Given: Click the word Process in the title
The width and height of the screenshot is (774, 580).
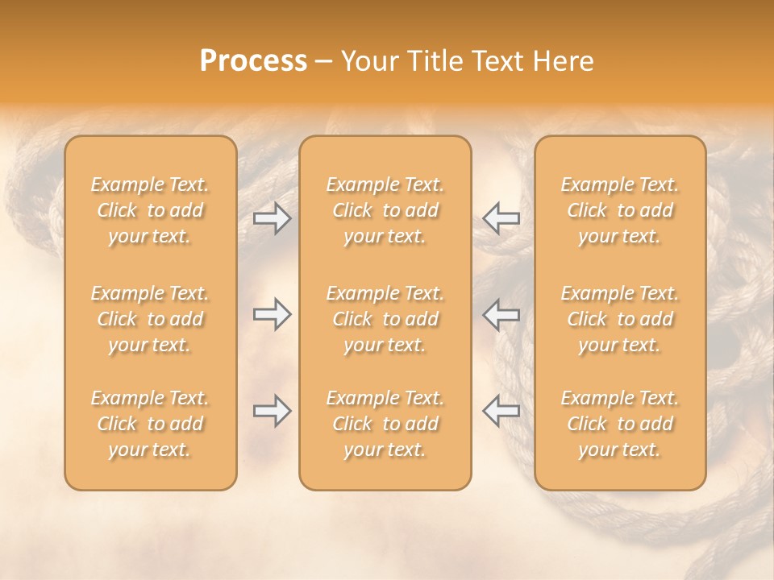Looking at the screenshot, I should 253,61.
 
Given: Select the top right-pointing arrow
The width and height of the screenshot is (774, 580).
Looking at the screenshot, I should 272,218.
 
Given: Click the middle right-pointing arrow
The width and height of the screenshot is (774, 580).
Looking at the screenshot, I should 272,314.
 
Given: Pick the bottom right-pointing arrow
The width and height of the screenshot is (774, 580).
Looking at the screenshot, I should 272,411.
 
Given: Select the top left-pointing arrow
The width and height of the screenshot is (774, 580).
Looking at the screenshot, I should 501,218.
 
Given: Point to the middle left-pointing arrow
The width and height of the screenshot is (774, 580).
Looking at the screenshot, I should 501,314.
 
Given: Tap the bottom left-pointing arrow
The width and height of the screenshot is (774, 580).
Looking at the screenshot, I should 501,411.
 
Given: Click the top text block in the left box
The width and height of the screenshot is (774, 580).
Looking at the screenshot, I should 150,210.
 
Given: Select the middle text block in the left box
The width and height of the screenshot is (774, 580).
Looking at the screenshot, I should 150,319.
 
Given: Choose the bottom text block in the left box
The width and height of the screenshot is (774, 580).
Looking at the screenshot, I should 150,424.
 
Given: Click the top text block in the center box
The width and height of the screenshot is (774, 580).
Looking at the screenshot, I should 385,210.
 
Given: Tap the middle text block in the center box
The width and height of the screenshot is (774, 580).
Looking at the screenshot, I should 385,319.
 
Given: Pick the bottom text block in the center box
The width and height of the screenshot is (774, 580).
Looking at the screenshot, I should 385,424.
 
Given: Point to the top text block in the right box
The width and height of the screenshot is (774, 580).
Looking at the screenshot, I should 620,210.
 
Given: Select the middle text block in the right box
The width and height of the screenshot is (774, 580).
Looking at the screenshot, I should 620,319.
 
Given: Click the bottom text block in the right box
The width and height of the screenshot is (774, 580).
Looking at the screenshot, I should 620,424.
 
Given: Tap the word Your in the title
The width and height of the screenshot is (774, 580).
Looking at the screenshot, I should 368,61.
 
